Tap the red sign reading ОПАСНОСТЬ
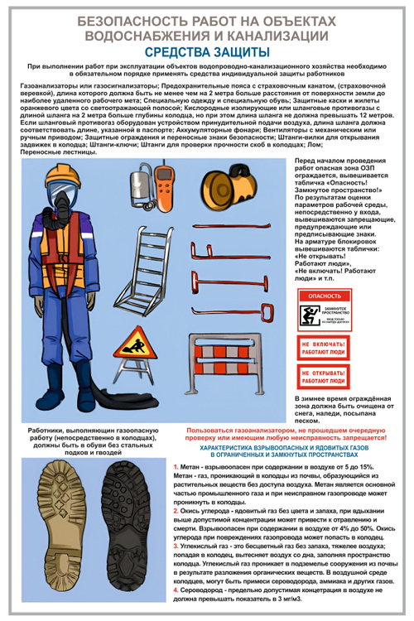324,295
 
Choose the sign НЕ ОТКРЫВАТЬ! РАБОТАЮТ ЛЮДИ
324,378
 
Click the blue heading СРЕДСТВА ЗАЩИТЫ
206,51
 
